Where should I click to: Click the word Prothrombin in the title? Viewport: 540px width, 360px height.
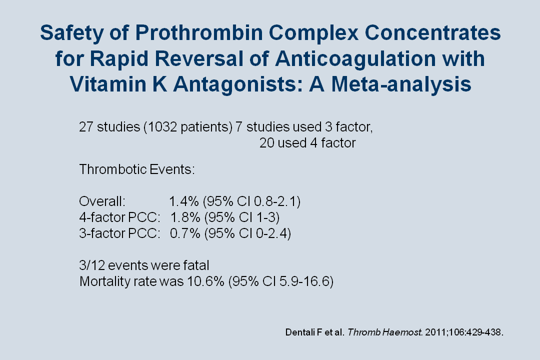198,33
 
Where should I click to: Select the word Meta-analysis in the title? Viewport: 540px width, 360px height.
401,84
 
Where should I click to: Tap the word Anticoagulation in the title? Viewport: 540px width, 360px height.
355,59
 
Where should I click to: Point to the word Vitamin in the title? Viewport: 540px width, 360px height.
108,84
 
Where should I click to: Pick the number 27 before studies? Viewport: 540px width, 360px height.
86,127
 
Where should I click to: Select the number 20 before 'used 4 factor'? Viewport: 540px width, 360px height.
266,143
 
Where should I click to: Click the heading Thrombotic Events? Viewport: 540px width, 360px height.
137,169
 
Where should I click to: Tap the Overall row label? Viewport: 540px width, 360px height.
102,201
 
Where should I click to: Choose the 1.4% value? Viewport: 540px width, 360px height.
183,201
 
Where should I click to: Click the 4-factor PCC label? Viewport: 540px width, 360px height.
120,217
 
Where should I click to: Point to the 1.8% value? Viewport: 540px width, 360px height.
185,217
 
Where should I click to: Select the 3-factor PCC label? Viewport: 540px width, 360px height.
120,233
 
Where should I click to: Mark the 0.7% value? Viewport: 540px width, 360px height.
185,233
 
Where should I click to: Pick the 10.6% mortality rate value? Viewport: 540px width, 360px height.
205,281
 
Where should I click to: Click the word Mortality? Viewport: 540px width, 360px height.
104,281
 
